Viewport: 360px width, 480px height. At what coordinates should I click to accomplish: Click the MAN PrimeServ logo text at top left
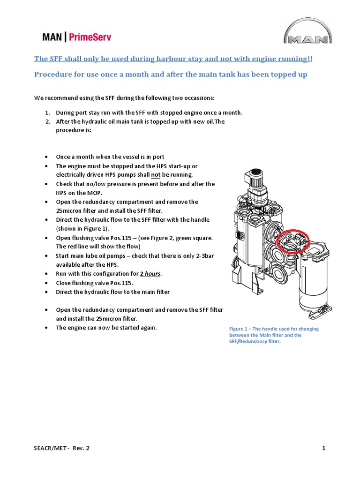[74, 37]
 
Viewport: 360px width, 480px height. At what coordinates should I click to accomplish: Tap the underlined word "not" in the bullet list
[156, 175]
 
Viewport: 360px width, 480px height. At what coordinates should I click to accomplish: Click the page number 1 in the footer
[324, 448]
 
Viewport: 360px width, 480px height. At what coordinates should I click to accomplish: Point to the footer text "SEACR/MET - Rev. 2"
[61, 448]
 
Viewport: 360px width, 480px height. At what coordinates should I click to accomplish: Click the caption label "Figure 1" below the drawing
[240, 329]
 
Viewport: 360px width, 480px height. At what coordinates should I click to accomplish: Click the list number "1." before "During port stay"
[48, 113]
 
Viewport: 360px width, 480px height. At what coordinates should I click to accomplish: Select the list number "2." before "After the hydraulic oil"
[48, 121]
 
